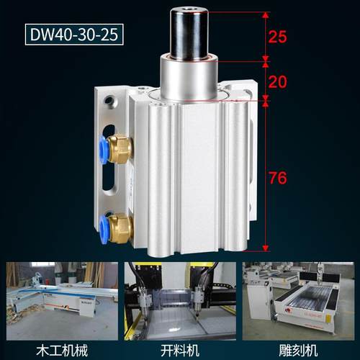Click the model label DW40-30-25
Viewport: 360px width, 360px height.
click(71, 34)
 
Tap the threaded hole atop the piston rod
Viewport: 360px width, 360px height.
click(194, 12)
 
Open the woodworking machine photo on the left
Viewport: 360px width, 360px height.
click(58, 296)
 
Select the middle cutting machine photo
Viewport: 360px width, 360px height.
click(180, 296)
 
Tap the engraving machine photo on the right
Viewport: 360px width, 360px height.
click(300, 296)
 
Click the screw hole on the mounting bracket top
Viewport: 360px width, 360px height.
click(109, 100)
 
